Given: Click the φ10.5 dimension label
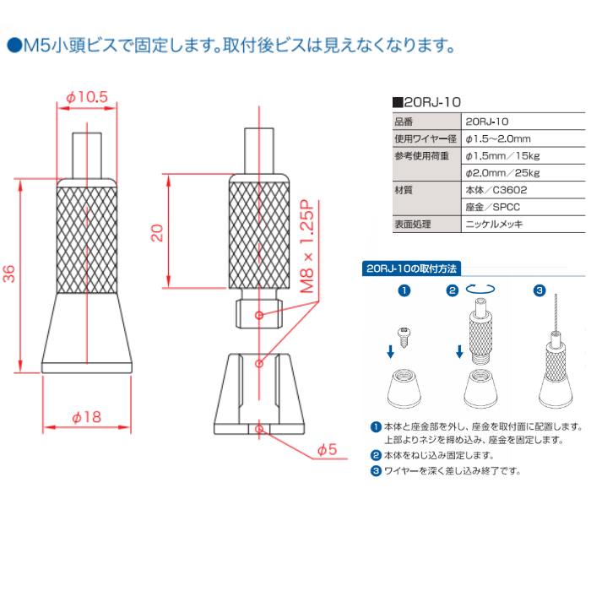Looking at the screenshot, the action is (x=87, y=97).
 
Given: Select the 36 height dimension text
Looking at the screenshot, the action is (x=9, y=274).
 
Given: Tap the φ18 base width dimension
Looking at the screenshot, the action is (x=87, y=417).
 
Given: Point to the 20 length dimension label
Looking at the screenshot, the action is (x=157, y=232).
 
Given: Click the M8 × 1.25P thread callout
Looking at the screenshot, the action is (x=306, y=247).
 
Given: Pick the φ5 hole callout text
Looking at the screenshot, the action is (x=327, y=449).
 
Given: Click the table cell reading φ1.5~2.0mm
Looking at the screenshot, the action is (x=498, y=138).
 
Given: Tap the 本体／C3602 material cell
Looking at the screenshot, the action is (x=496, y=190).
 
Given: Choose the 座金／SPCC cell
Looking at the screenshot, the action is (x=492, y=207).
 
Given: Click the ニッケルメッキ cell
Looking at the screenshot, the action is (x=494, y=225).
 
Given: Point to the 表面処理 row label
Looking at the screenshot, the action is (x=413, y=225).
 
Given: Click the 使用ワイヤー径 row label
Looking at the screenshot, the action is (x=426, y=138).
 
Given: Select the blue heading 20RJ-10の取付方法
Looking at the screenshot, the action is (x=411, y=268).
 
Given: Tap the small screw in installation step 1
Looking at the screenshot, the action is (x=404, y=338).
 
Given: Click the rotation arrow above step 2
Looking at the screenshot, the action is (x=480, y=289).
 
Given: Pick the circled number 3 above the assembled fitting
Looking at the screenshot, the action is (x=539, y=290).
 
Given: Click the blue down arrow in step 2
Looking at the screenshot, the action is (x=459, y=352).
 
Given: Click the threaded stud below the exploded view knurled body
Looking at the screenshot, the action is (x=259, y=314).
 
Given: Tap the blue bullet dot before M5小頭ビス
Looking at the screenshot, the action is (x=14, y=46).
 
